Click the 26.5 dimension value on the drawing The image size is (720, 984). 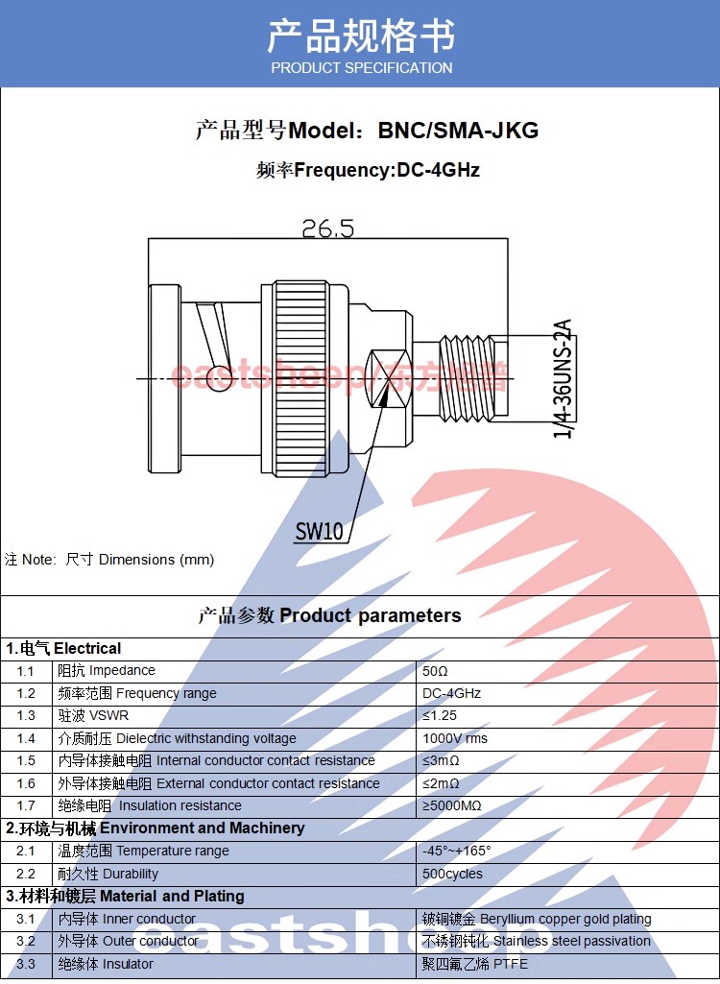click(x=327, y=228)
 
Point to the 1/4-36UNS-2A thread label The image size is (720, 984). click(x=562, y=379)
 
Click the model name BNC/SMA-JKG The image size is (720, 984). click(x=458, y=131)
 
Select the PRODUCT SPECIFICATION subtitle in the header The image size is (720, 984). click(x=361, y=68)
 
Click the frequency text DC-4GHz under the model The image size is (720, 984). click(x=438, y=171)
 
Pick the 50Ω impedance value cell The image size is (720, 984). click(x=436, y=671)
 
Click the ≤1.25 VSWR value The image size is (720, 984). click(x=440, y=716)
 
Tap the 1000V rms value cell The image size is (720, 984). click(x=455, y=739)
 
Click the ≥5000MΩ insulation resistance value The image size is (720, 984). click(x=452, y=806)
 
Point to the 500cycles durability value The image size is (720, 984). click(x=452, y=875)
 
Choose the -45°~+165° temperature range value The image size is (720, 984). click(x=457, y=852)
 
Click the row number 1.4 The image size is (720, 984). click(x=26, y=739)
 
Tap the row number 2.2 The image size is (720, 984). click(x=26, y=875)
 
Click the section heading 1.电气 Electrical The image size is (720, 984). click(x=63, y=648)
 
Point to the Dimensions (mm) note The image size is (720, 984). click(x=156, y=560)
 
